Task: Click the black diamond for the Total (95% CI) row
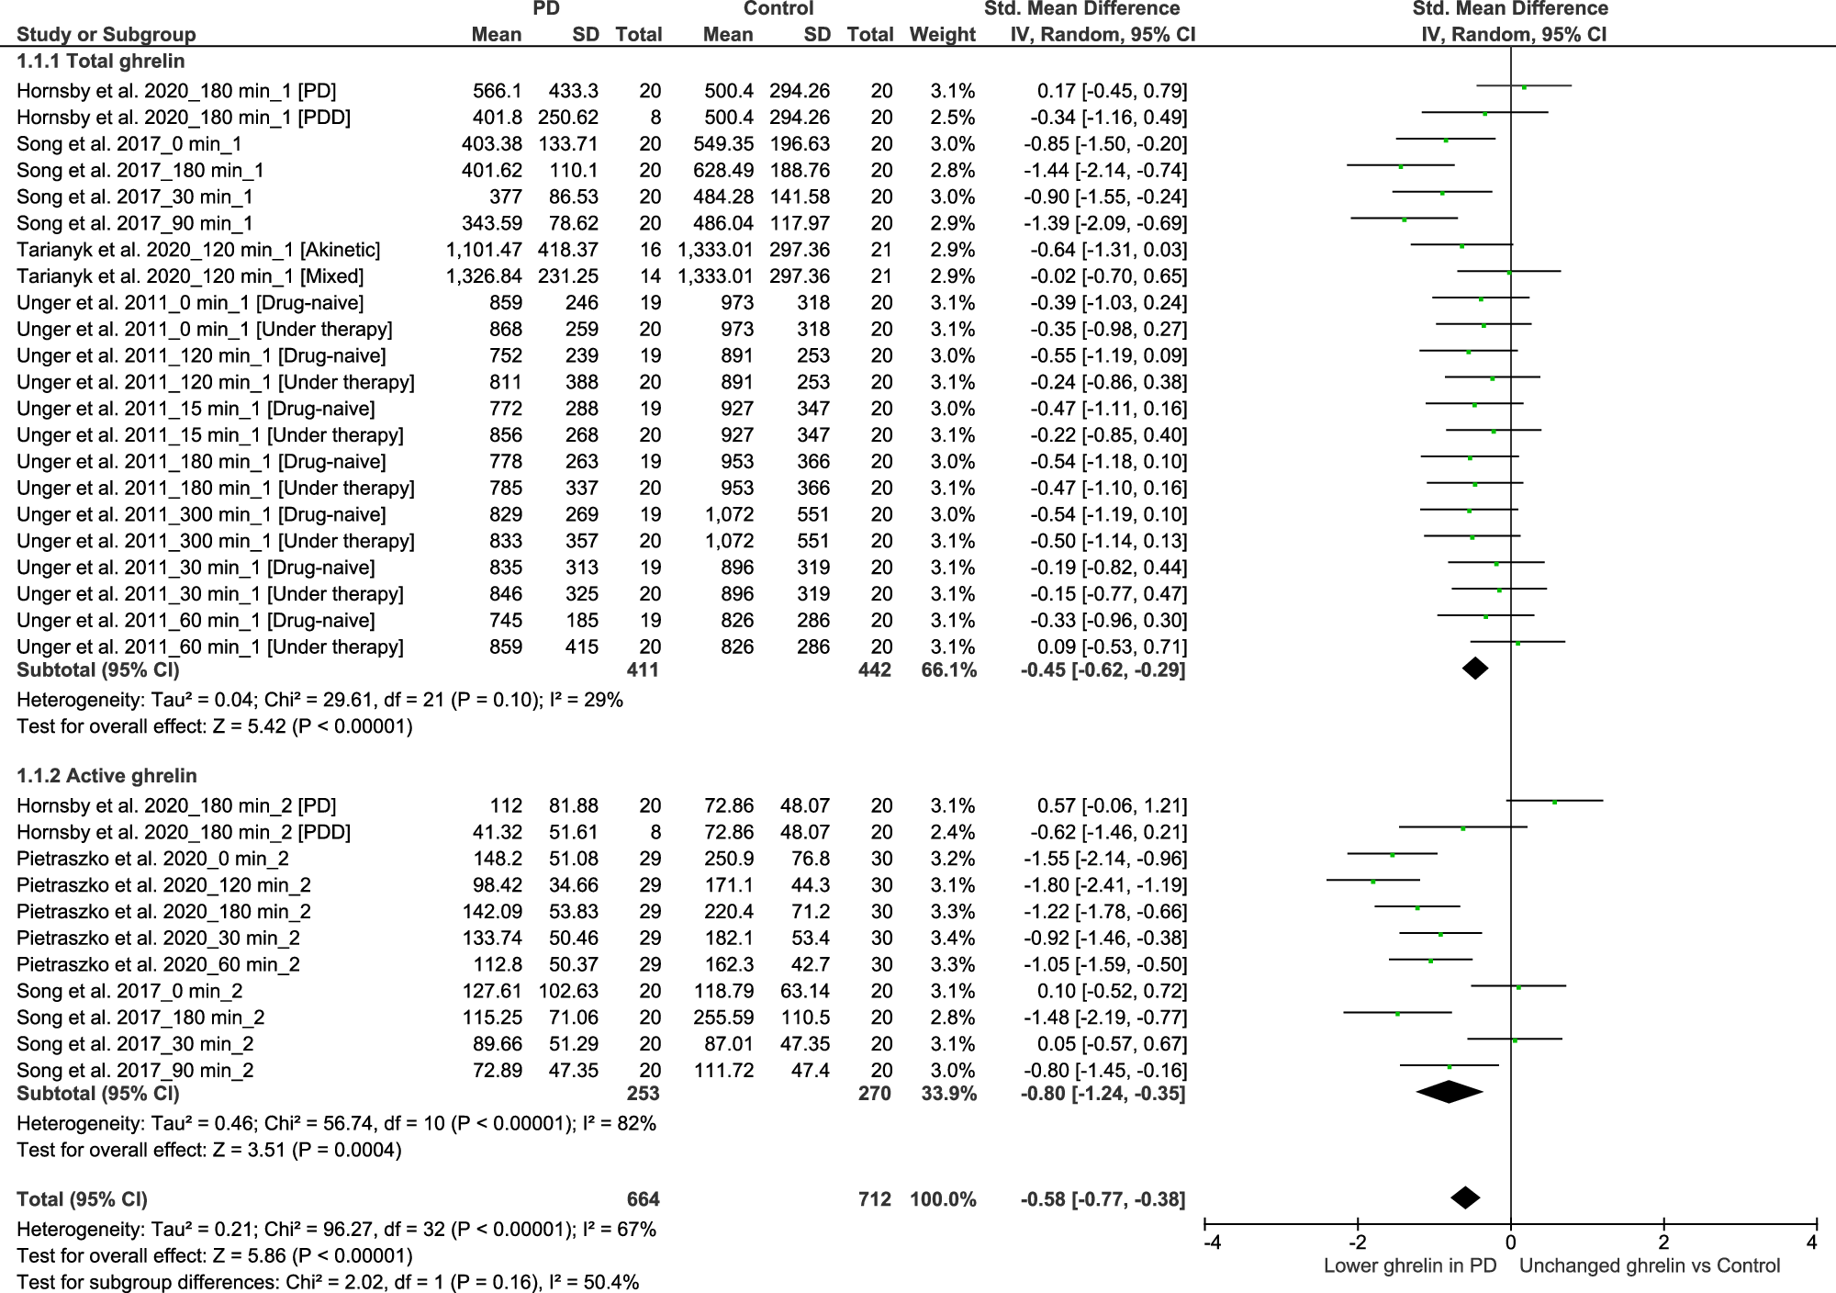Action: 1465,1197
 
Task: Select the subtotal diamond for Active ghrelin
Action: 1450,1092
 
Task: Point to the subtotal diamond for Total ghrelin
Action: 1475,669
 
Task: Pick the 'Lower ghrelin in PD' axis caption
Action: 1410,1265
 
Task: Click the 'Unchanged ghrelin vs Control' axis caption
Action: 1650,1265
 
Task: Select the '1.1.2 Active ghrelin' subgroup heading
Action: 106,776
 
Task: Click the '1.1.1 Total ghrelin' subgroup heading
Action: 101,62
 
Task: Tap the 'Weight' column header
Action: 942,35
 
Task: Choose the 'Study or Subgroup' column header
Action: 106,35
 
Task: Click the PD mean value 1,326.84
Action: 484,276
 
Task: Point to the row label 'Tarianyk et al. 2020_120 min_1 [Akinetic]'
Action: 198,250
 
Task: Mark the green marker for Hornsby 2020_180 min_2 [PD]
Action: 1554,802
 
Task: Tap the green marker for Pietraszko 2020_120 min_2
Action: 1373,882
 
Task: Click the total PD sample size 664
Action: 643,1199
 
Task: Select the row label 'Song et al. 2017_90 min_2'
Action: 135,1071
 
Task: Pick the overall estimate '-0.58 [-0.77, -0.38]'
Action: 1103,1199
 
